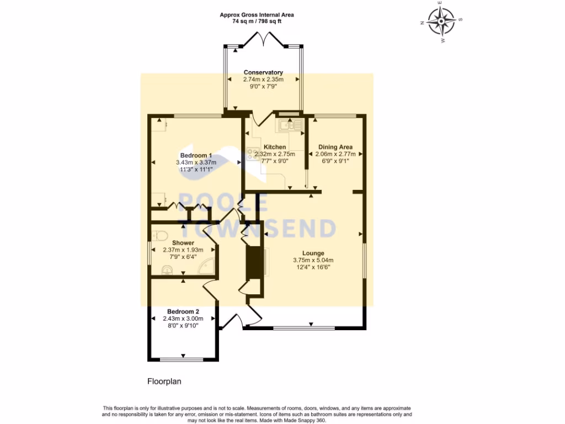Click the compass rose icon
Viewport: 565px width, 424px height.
click(x=441, y=23)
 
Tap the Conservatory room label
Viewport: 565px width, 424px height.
click(x=263, y=72)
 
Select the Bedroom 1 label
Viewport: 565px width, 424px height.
click(x=196, y=155)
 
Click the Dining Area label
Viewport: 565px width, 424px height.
click(x=335, y=147)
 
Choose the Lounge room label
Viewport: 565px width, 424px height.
click(x=313, y=253)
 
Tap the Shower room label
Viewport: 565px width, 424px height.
click(x=183, y=243)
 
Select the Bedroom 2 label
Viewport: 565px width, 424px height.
click(x=183, y=311)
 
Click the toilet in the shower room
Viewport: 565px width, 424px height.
click(x=160, y=235)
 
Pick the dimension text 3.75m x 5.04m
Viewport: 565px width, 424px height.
click(x=313, y=261)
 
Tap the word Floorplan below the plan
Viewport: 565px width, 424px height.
click(x=164, y=381)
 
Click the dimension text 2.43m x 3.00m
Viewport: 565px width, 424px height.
click(x=183, y=319)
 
